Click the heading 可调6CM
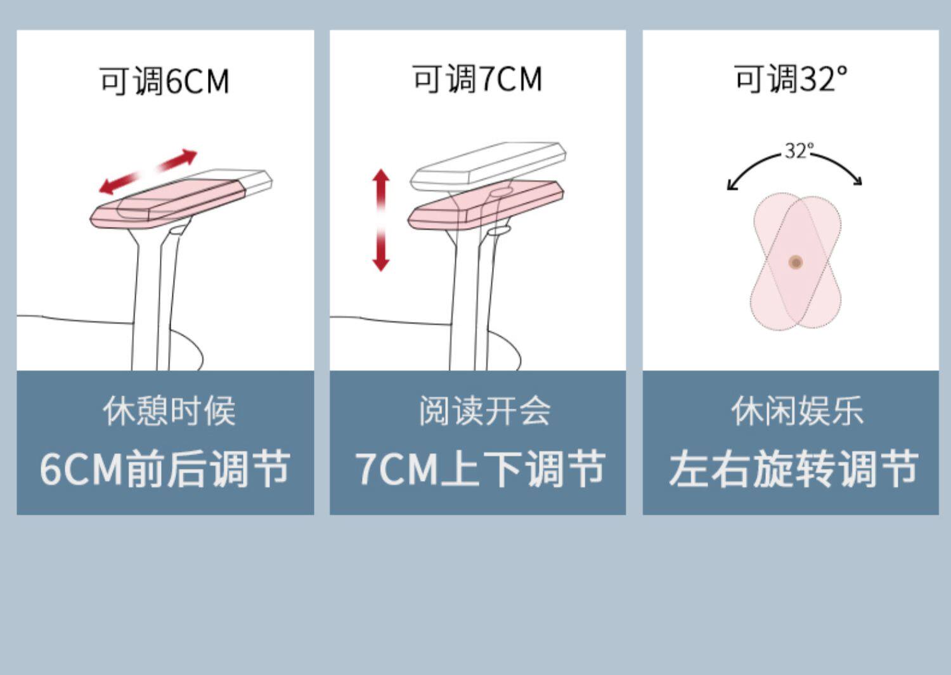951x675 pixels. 164,81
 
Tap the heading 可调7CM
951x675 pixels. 477,79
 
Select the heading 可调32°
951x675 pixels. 791,79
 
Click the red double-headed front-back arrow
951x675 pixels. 148,172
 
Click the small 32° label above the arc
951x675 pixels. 798,151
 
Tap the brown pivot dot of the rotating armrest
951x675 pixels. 796,262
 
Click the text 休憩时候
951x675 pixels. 169,411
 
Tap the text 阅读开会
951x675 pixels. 484,411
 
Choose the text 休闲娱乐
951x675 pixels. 797,411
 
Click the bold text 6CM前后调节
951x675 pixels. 165,469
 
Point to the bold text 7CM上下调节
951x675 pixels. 480,469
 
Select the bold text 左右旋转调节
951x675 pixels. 793,469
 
